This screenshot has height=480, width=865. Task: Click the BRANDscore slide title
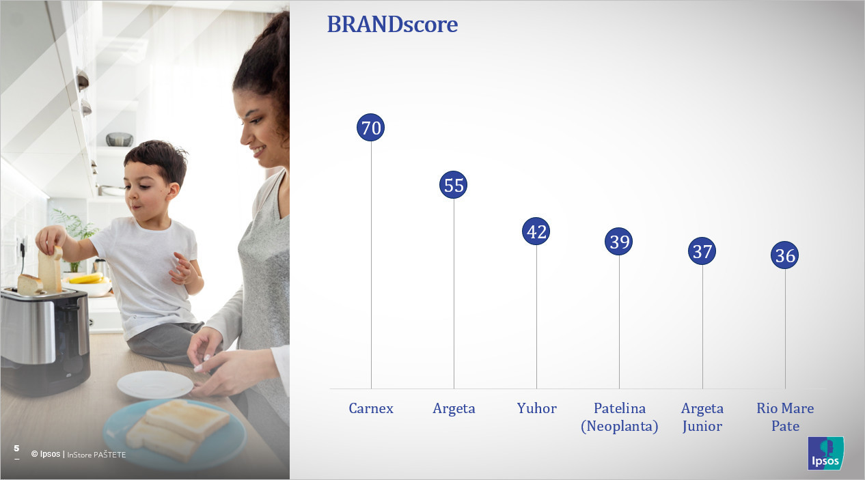click(392, 25)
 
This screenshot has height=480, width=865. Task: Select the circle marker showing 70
click(371, 127)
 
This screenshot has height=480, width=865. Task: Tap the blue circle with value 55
click(454, 185)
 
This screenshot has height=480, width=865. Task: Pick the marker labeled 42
click(536, 231)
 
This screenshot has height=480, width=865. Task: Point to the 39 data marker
click(618, 242)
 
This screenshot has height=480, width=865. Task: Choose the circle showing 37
click(702, 251)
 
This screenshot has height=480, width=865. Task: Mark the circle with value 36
click(784, 255)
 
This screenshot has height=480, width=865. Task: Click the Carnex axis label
click(371, 408)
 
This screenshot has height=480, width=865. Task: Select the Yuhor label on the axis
click(537, 408)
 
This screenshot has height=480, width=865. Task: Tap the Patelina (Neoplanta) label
click(620, 417)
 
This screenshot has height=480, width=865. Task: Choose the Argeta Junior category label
click(702, 417)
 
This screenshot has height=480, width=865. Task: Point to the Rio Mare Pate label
click(785, 417)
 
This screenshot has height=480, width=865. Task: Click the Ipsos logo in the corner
click(825, 453)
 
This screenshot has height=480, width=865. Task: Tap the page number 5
click(16, 448)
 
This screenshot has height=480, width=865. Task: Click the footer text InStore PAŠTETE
click(96, 455)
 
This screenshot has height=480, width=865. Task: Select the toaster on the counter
click(45, 339)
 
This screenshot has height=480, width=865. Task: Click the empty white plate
click(155, 384)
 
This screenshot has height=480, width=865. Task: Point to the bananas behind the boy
click(87, 278)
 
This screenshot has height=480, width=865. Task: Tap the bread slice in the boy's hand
click(50, 269)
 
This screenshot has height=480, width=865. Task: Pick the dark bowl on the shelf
click(120, 139)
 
